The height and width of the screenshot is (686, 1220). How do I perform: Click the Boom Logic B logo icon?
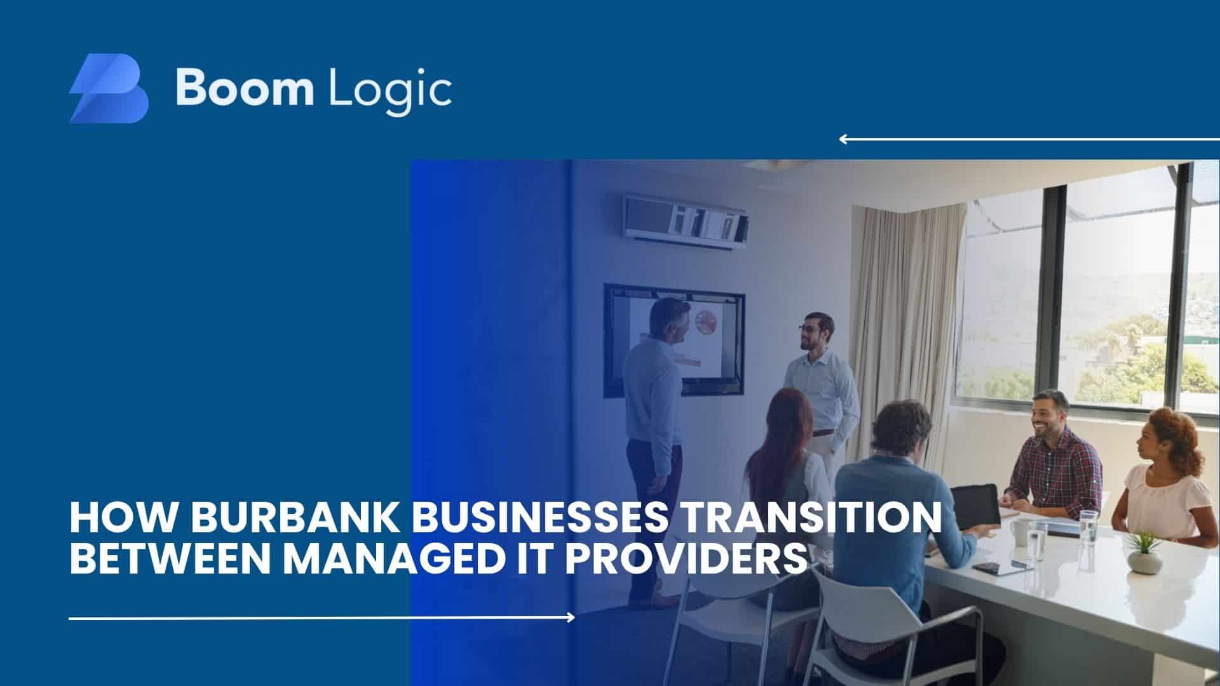click(x=109, y=88)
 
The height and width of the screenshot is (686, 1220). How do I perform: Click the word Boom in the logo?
click(x=245, y=88)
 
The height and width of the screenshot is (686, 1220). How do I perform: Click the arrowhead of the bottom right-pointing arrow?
click(x=571, y=617)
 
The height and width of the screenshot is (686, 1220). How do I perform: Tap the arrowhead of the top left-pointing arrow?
click(x=843, y=139)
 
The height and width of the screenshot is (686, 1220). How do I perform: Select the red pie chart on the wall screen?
click(x=706, y=322)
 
